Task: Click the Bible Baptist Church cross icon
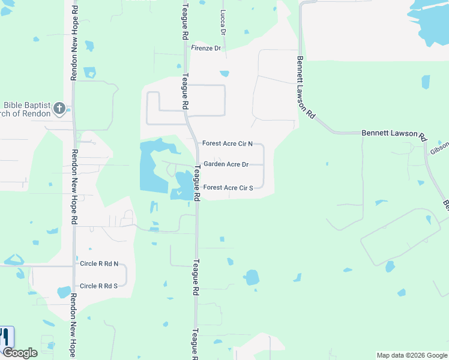pos(59,108)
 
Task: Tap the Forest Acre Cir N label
pos(227,143)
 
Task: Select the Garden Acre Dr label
pos(226,164)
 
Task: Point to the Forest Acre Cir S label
pos(227,188)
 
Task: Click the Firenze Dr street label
pos(206,48)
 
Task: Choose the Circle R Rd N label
pos(99,264)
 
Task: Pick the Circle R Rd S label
pos(99,286)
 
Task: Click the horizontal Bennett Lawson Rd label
pos(393,134)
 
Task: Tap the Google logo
pos(20,353)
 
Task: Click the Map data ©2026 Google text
pos(412,355)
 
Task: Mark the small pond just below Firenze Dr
pos(224,74)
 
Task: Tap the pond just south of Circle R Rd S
pos(64,293)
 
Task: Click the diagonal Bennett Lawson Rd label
pos(306,87)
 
